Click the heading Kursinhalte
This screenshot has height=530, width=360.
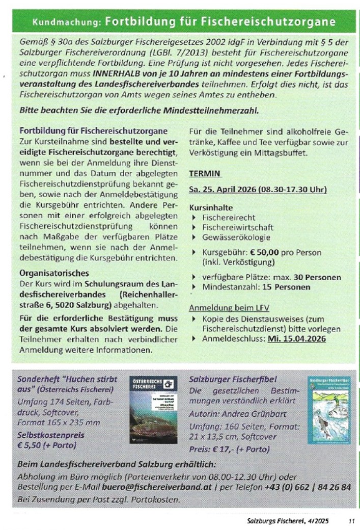tap(211, 208)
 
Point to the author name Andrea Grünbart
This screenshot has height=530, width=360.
tap(247, 414)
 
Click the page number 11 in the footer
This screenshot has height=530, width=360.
tap(350, 520)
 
